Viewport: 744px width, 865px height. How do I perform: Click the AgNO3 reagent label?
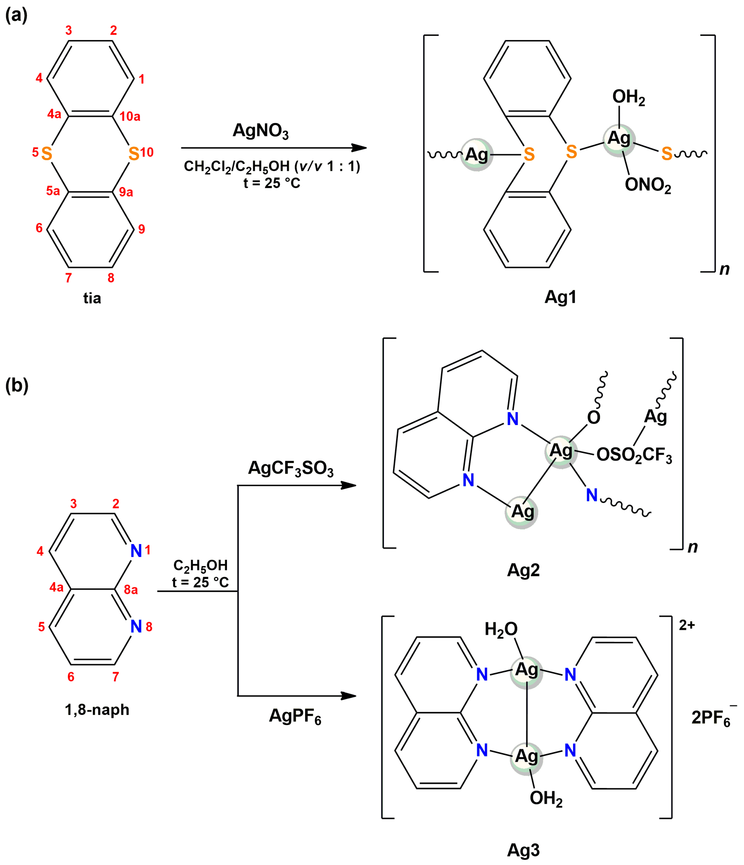click(260, 131)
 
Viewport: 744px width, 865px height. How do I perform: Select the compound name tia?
click(92, 298)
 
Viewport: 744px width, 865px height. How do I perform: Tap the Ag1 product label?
click(560, 297)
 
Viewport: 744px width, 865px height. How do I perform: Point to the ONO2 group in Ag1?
click(648, 185)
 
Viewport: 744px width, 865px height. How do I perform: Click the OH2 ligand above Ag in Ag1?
click(628, 97)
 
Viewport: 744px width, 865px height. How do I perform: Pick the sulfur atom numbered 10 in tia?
click(134, 154)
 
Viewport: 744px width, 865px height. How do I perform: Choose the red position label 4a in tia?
click(54, 114)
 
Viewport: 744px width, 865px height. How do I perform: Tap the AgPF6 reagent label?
click(295, 715)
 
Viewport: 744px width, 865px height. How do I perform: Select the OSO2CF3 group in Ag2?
click(634, 455)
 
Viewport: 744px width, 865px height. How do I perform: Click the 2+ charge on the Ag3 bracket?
click(686, 625)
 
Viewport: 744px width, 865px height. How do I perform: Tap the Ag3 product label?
click(523, 850)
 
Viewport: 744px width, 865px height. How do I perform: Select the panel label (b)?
click(17, 385)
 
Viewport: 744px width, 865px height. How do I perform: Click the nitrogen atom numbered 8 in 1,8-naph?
click(136, 626)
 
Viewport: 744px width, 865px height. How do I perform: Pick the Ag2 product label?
click(523, 570)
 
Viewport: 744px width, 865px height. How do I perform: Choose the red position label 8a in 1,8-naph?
click(131, 590)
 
